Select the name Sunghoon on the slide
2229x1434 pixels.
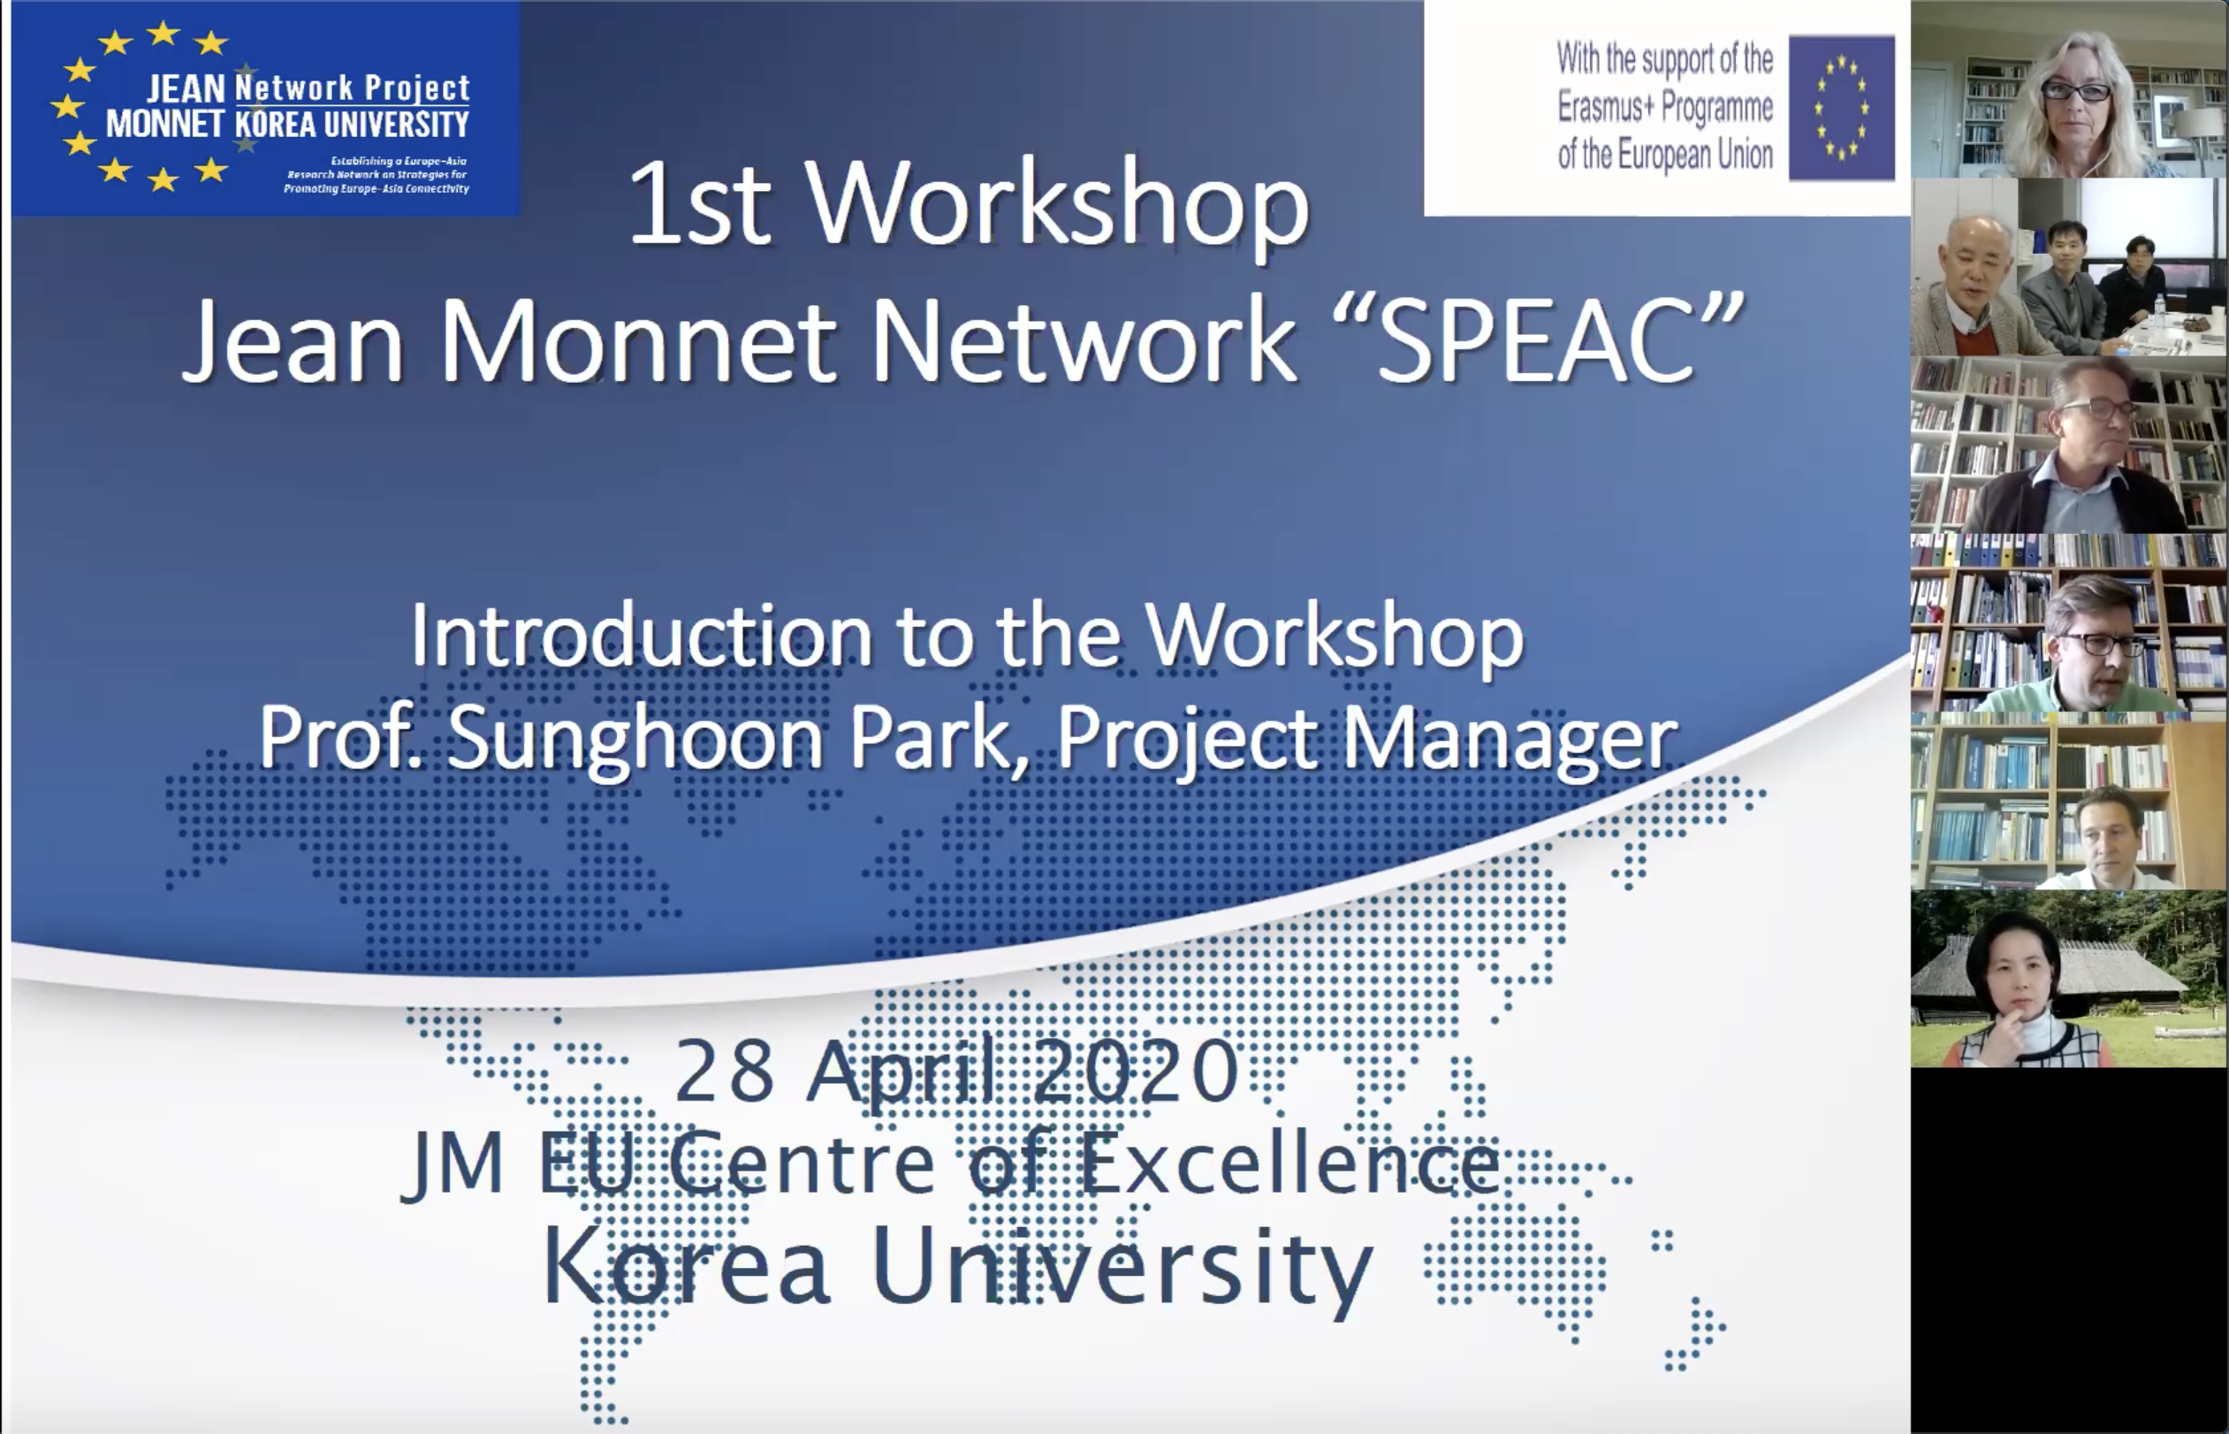(635, 738)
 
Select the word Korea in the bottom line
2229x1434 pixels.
(686, 1266)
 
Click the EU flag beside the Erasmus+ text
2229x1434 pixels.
(1841, 108)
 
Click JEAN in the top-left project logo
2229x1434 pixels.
(186, 89)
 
